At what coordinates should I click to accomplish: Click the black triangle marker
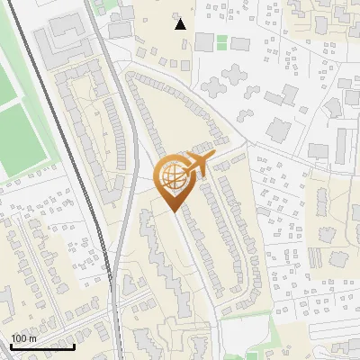pyautogui.click(x=181, y=24)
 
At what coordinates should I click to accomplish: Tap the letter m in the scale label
pyautogui.click(x=31, y=337)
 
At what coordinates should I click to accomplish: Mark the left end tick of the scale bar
pyautogui.click(x=11, y=346)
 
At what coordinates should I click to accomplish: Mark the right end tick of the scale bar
pyautogui.click(x=74, y=346)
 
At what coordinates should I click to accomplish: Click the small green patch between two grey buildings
pyautogui.click(x=222, y=41)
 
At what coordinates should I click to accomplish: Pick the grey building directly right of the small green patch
pyautogui.click(x=238, y=42)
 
